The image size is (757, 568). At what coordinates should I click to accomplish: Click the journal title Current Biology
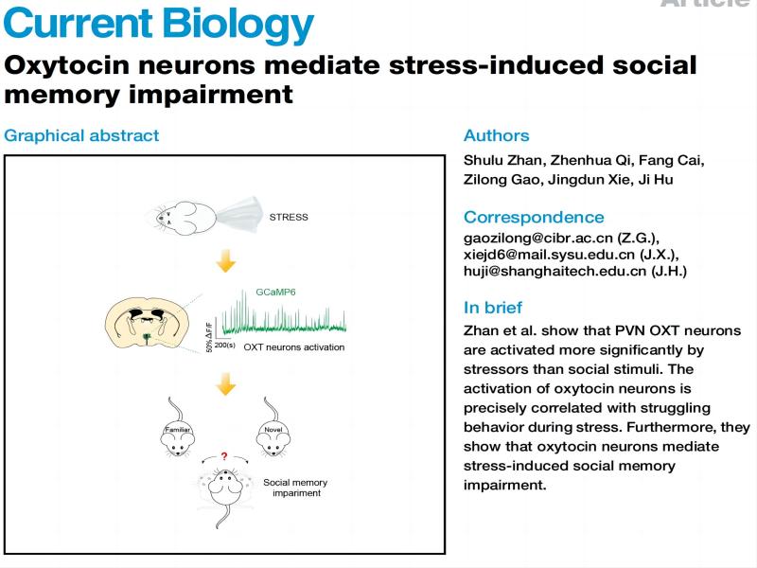[x=158, y=23]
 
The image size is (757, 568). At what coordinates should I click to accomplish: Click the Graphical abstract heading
[x=81, y=135]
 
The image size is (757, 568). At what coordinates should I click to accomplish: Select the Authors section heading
[x=496, y=135]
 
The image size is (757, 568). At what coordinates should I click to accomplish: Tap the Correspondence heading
[x=534, y=217]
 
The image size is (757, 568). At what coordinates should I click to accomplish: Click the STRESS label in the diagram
[x=289, y=217]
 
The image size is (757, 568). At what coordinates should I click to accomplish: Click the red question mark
[x=223, y=456]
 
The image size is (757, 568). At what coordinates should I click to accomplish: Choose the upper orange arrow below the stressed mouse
[x=224, y=259]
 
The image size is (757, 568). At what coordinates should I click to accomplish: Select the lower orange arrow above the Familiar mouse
[x=224, y=384]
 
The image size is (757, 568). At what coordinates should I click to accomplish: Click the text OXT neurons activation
[x=294, y=347]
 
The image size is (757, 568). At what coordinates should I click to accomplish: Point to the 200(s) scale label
[x=225, y=346]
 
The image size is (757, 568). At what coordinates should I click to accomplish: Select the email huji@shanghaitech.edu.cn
[x=543, y=272]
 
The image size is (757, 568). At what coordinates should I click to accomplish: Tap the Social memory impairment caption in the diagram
[x=292, y=487]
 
